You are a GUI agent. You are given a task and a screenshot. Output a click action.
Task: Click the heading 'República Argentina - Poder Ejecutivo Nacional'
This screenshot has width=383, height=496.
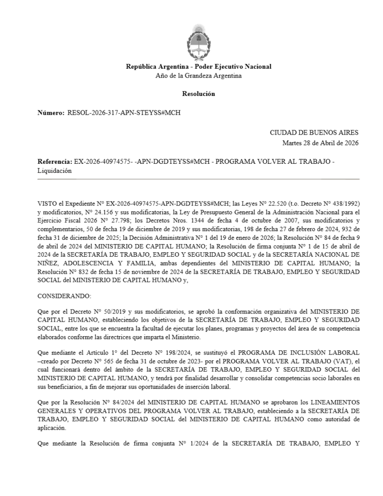[199, 66]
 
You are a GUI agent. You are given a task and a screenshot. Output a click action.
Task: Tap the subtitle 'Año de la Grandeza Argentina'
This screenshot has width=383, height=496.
[199, 75]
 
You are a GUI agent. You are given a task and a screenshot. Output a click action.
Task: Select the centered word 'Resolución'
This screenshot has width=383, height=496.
[199, 93]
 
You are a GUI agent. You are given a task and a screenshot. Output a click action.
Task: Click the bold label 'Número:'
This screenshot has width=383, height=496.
[51, 112]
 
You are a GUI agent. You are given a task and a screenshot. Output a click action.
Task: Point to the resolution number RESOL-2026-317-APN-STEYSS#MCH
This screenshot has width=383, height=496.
[123, 112]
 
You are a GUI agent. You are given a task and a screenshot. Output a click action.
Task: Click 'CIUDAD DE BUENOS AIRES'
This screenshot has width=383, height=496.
[314, 132]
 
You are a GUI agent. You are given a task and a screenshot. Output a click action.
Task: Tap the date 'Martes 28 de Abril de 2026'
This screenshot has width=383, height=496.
[321, 142]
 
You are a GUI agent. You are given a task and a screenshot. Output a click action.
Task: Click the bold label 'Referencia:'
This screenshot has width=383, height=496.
[55, 161]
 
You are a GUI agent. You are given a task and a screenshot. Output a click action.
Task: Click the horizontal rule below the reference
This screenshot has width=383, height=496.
[199, 179]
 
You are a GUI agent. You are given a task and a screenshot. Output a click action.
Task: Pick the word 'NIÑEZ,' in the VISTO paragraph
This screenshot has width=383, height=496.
[49, 254]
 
